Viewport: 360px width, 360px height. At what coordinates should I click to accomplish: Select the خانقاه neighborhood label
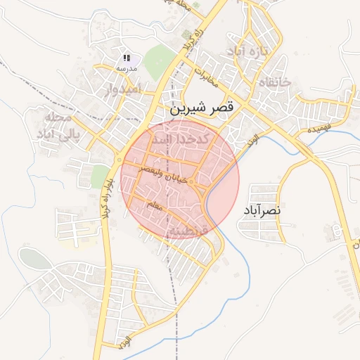275,83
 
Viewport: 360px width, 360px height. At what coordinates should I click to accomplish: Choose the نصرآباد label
263,210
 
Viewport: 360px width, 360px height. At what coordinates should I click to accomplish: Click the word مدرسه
127,68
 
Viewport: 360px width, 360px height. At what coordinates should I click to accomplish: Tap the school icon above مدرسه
127,58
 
